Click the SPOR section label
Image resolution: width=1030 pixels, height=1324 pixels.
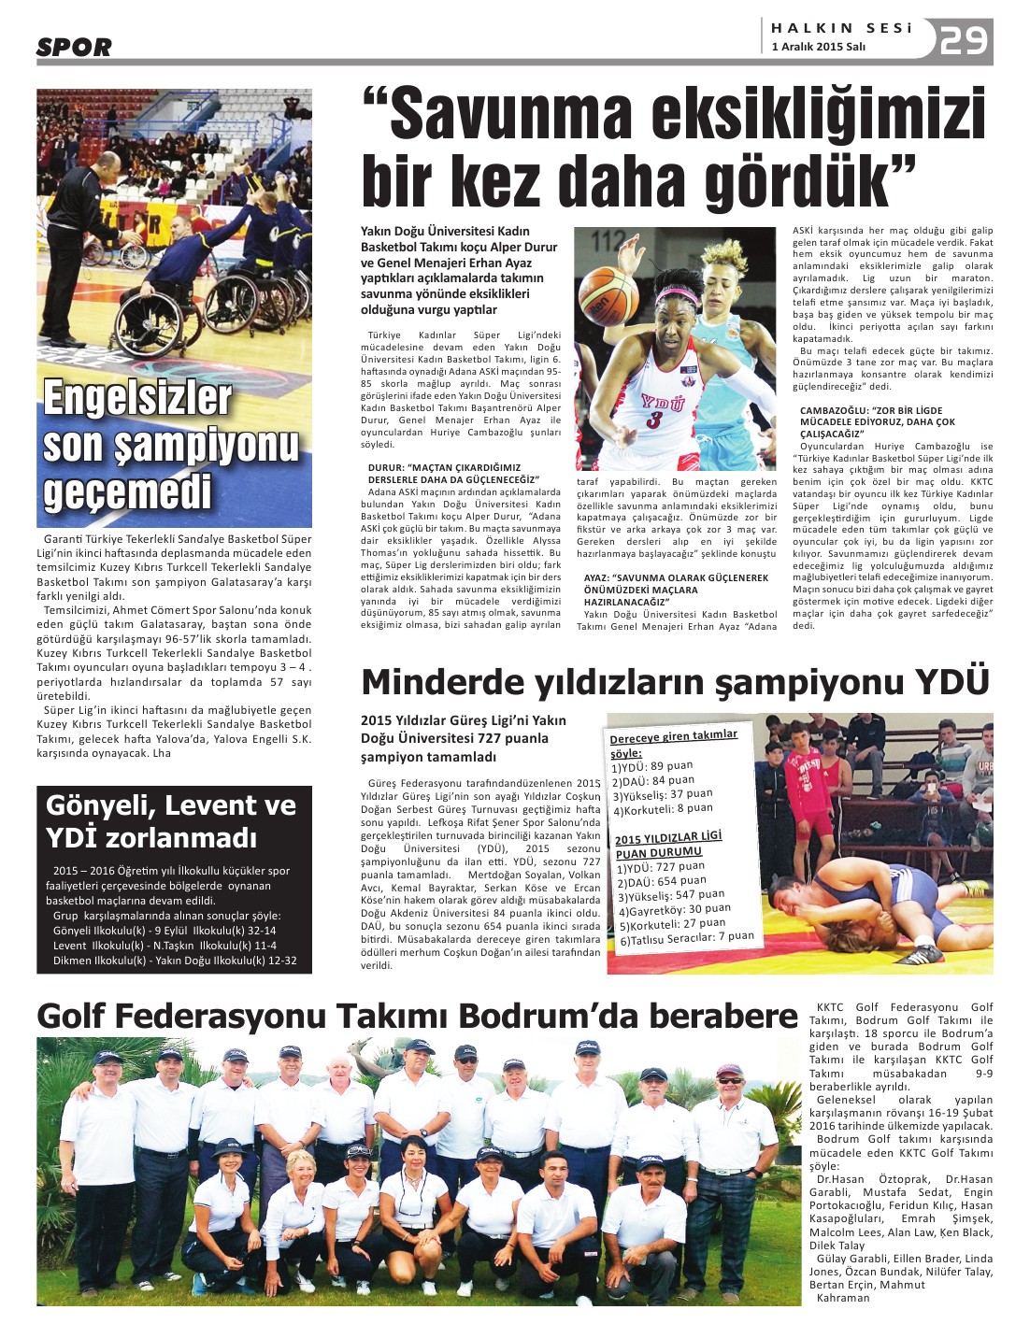point(74,48)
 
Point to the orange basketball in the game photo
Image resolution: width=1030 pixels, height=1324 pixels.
point(609,294)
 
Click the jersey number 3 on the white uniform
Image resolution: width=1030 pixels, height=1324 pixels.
point(654,420)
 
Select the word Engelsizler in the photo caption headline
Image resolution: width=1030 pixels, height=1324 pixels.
point(137,398)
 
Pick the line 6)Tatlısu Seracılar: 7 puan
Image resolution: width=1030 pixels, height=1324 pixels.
point(686,938)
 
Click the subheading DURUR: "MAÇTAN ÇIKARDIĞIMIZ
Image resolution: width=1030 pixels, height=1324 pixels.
point(444,467)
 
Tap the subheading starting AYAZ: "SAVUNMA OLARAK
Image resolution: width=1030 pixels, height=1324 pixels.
point(663,577)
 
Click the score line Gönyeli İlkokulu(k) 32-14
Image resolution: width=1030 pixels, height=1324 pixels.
point(165,931)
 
